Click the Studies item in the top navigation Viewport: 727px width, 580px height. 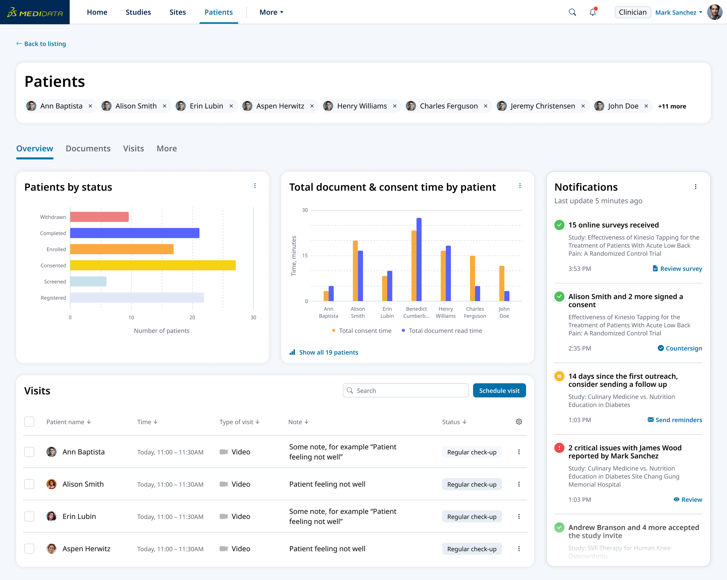(138, 12)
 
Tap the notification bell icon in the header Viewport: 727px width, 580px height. (592, 12)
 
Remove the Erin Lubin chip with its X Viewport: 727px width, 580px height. (231, 106)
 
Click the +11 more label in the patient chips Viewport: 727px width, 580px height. (672, 106)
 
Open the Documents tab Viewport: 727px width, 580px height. (88, 148)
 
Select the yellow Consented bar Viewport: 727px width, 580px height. (152, 265)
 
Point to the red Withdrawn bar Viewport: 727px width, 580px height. (99, 217)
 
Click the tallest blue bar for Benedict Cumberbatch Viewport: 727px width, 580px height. (419, 259)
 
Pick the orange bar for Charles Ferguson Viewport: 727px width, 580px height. (473, 278)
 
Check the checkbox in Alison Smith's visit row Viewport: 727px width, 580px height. (29, 484)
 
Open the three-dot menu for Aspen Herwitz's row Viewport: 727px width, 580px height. (518, 549)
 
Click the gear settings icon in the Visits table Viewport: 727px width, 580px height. (518, 422)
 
